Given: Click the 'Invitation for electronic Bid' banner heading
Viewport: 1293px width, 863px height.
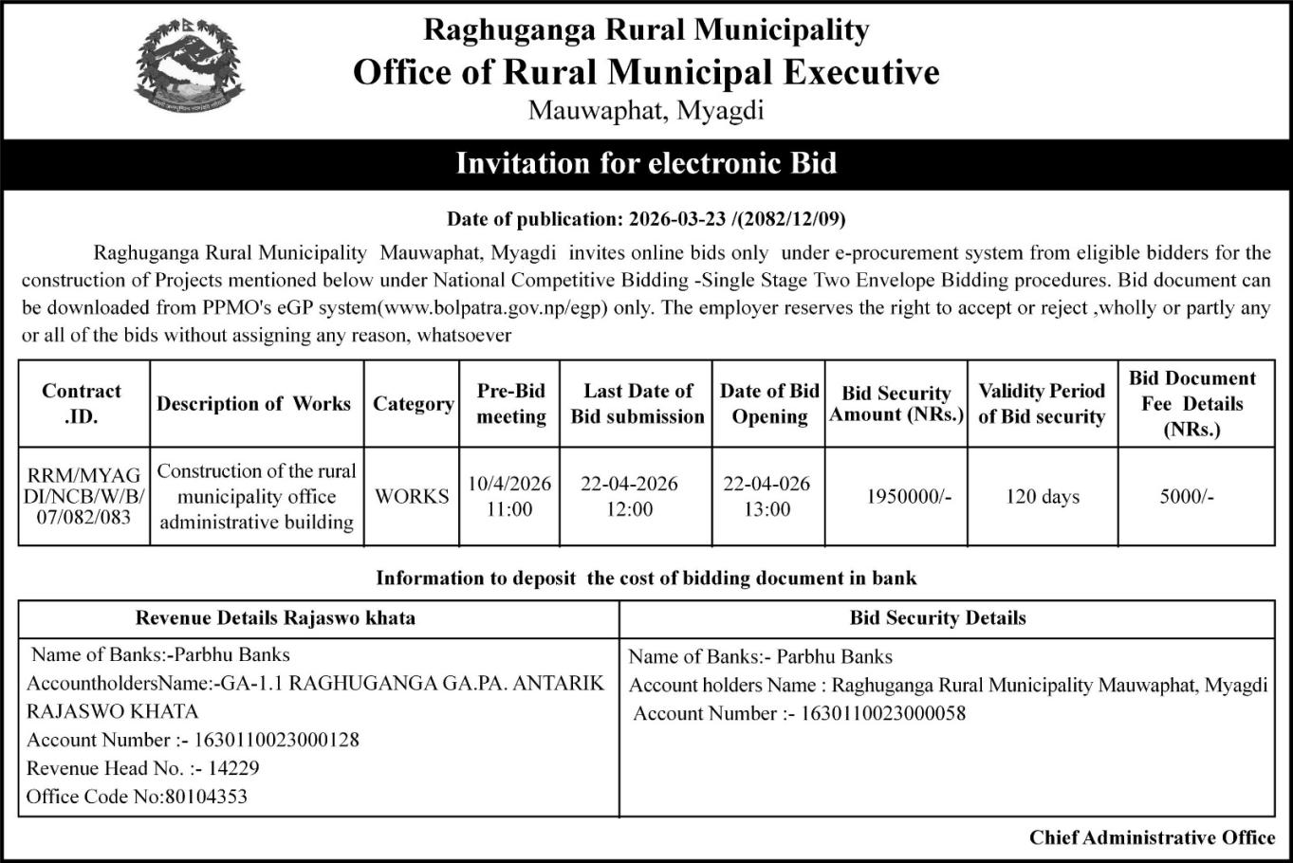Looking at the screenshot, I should (646, 164).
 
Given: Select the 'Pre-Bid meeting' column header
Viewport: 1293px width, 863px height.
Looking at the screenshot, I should (510, 404).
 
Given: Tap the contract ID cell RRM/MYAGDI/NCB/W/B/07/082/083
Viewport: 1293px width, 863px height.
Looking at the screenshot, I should (83, 496).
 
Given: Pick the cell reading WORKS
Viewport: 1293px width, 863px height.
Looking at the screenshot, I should (412, 496).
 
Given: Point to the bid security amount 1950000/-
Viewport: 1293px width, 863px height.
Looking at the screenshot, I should (908, 496).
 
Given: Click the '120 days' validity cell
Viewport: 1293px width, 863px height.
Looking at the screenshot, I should (1042, 496).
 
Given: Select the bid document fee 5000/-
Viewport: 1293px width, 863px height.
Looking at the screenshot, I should (1186, 496).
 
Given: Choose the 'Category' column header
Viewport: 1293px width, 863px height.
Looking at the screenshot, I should (413, 404).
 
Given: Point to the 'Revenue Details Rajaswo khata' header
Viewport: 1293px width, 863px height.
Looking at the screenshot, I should (275, 618).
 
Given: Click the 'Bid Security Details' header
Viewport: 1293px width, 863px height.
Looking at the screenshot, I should (937, 618).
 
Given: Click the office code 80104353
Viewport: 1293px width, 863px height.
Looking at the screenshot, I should (205, 797).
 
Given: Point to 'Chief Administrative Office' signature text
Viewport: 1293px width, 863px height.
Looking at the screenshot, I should (1152, 837).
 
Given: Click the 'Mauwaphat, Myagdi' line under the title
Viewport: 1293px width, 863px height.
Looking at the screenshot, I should (645, 111).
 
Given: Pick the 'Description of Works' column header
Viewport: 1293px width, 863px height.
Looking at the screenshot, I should (253, 404).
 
